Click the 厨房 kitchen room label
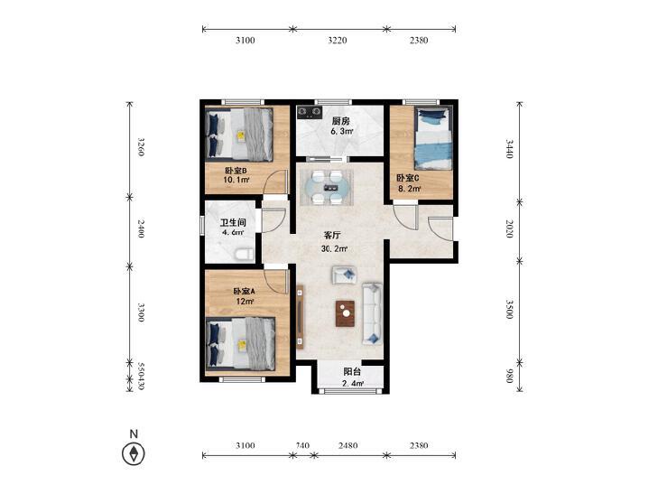point(340,121)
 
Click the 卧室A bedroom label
point(244,291)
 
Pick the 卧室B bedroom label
point(236,169)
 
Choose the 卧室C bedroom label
point(407,178)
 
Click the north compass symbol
point(134,454)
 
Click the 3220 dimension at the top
point(338,41)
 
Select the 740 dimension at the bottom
point(302,446)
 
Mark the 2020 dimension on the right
point(510,228)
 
